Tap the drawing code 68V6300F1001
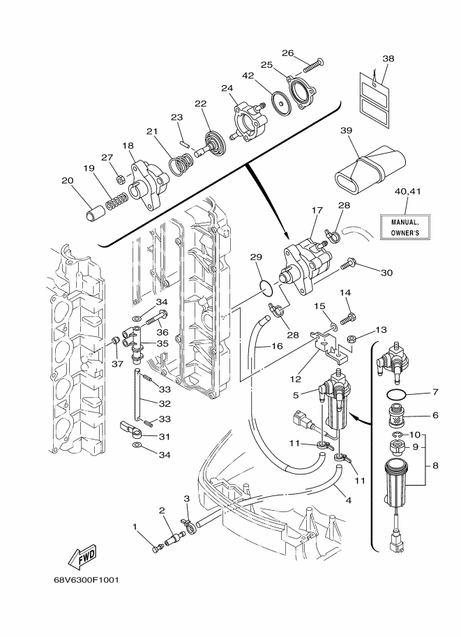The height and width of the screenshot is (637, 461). (x=86, y=580)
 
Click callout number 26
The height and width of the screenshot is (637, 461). (x=287, y=53)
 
